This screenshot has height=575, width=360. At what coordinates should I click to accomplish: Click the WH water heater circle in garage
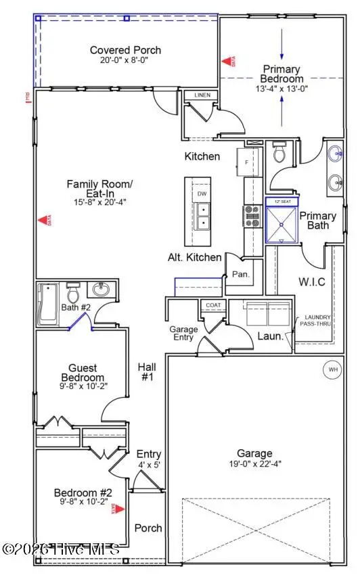pos(333,370)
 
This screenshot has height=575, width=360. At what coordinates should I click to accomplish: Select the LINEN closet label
pos(202,95)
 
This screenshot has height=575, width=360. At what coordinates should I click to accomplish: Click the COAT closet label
pos(213,306)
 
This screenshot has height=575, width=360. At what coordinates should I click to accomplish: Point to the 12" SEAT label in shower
pos(282,202)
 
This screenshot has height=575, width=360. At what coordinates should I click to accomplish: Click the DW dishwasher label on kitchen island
pos(202,194)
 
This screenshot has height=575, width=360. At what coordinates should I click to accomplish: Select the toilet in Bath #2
pos(74,294)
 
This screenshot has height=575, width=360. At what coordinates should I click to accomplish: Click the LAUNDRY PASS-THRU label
pos(317,321)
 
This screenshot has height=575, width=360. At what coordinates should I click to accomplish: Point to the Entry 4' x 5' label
pos(148,459)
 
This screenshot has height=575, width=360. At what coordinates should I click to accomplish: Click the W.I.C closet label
pos(313,281)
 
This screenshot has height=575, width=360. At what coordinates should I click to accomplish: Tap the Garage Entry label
pos(183,333)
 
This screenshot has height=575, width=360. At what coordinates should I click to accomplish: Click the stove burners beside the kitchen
pos(252,216)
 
